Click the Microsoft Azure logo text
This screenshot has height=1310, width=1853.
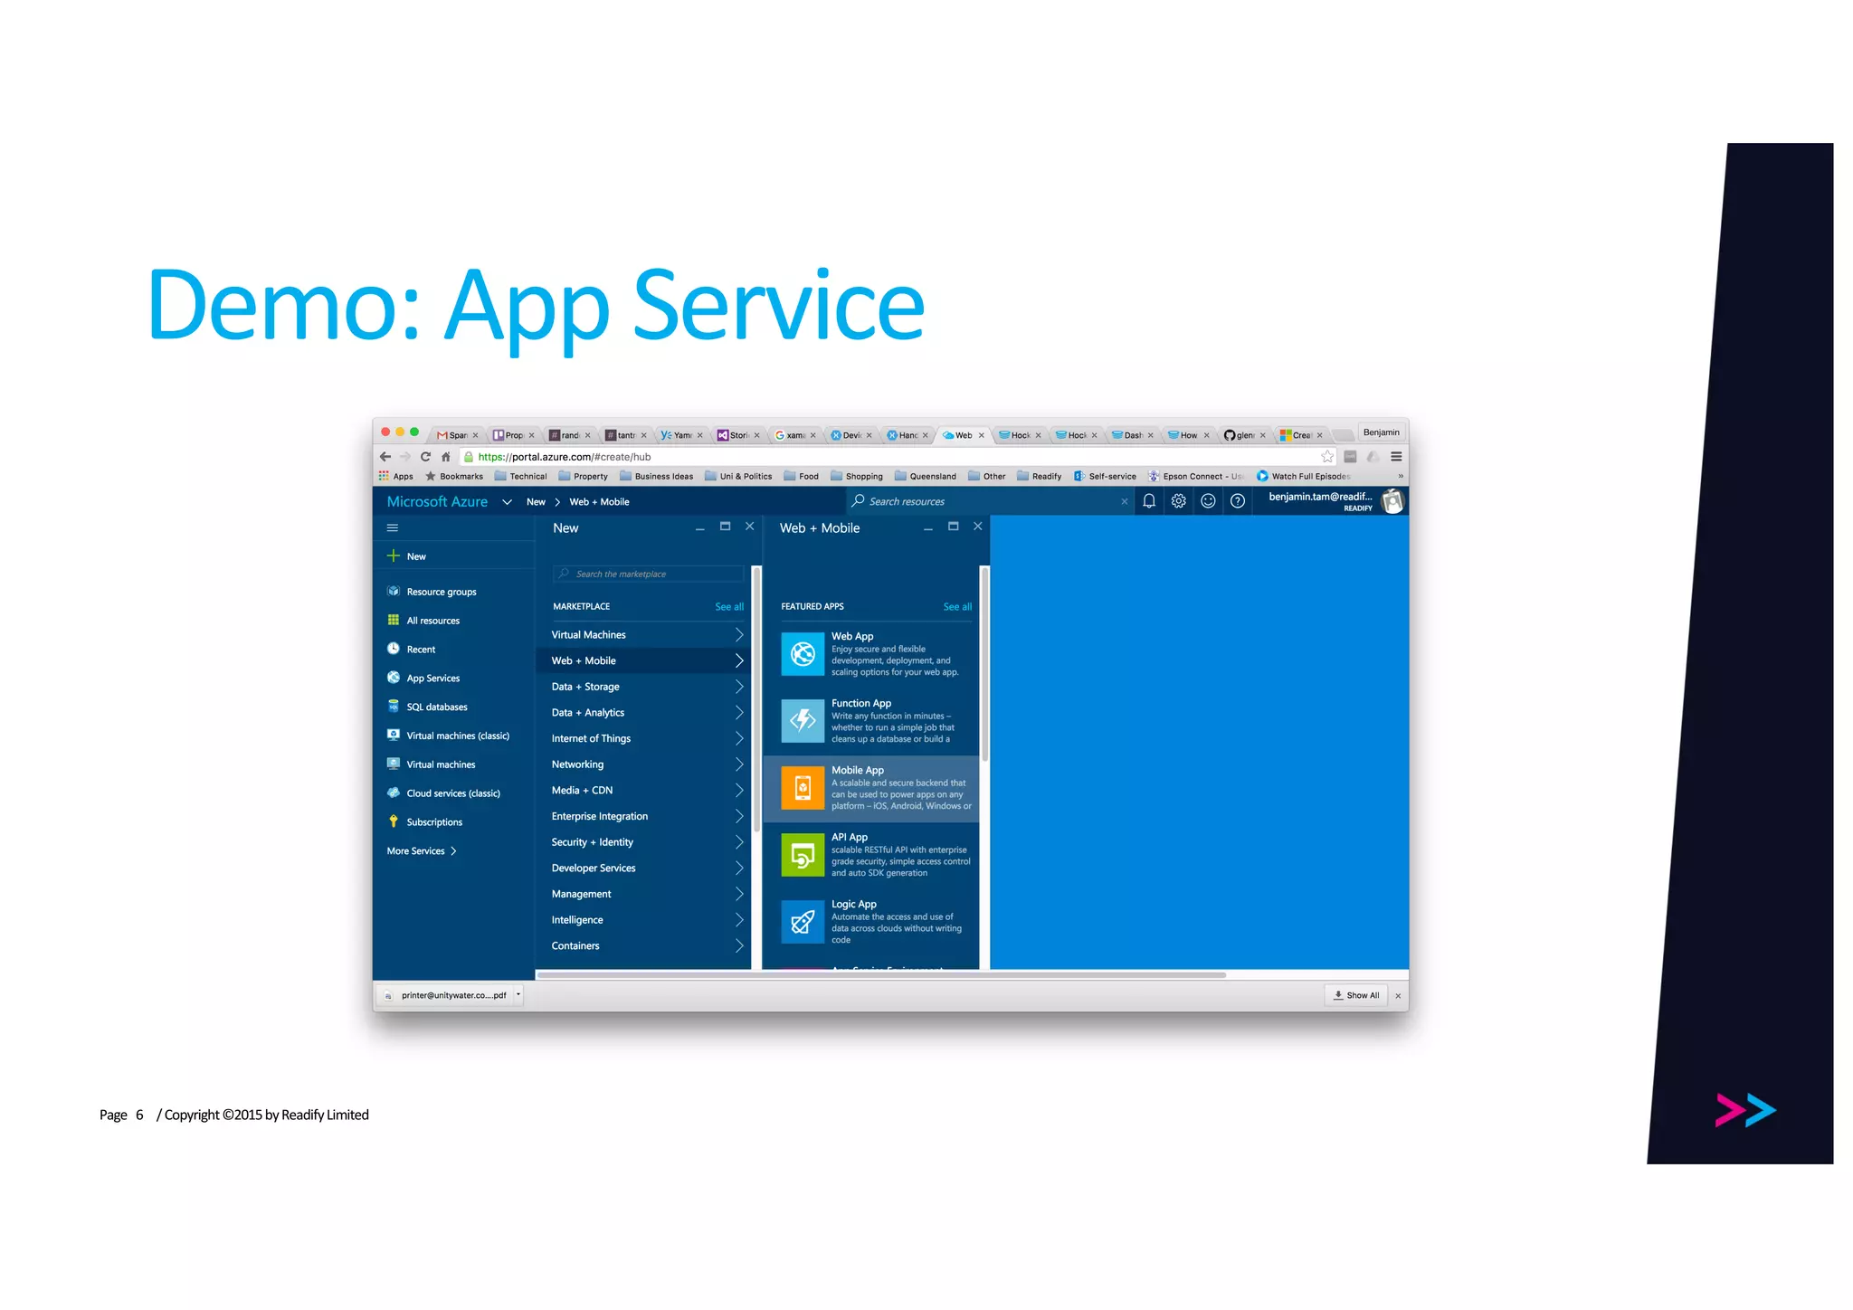pyautogui.click(x=437, y=501)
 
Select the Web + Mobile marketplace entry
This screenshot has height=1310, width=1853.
pyautogui.click(x=584, y=660)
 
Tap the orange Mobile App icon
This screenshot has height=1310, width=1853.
pyautogui.click(x=803, y=788)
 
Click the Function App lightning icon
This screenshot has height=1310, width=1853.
pyautogui.click(x=803, y=721)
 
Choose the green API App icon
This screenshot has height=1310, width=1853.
pyautogui.click(x=803, y=855)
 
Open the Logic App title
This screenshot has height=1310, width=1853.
pyautogui.click(x=853, y=904)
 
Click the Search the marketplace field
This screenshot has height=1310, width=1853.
pyautogui.click(x=650, y=574)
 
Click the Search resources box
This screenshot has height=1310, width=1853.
pyautogui.click(x=986, y=501)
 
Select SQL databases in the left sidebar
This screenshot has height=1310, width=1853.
pyautogui.click(x=436, y=707)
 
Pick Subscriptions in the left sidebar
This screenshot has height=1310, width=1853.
pyautogui.click(x=434, y=821)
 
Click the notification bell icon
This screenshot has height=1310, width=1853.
pyautogui.click(x=1149, y=501)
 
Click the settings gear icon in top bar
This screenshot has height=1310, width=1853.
pyautogui.click(x=1178, y=501)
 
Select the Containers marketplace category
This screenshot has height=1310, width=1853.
pyautogui.click(x=575, y=945)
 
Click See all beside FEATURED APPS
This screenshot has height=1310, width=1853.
pyautogui.click(x=957, y=607)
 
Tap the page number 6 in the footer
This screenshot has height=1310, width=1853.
pyautogui.click(x=139, y=1115)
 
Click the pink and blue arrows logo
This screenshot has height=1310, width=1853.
pyautogui.click(x=1744, y=1110)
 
